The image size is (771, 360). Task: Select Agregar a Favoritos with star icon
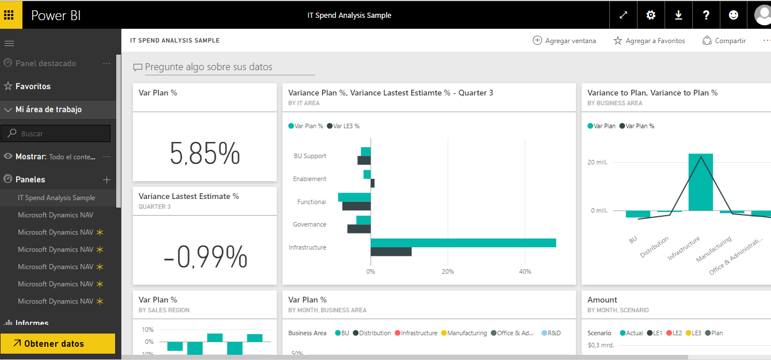(649, 41)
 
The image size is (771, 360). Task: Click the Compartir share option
(724, 41)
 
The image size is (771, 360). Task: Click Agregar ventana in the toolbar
(564, 41)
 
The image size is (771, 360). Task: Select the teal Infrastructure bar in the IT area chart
(463, 243)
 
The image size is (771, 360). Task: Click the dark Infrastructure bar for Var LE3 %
(391, 251)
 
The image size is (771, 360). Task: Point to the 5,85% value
(205, 154)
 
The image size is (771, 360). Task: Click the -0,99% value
(205, 257)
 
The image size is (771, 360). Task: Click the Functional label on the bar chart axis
(311, 202)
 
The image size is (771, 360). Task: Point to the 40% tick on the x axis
(525, 271)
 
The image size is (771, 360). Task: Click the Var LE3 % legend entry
(343, 126)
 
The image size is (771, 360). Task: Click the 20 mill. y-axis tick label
(597, 162)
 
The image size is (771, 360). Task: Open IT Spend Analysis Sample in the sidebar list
(56, 198)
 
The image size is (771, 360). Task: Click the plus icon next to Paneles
(106, 179)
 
